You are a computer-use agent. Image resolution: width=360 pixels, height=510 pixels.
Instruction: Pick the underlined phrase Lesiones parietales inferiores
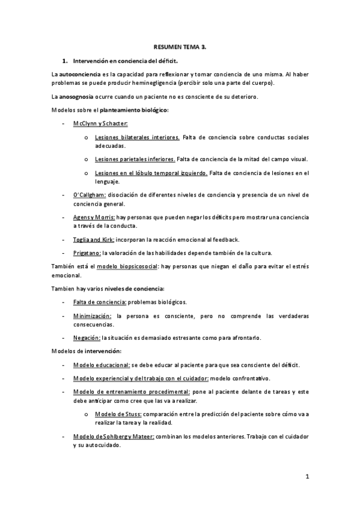click(135, 159)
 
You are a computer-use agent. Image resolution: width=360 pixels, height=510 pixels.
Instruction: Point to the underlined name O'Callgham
click(90, 195)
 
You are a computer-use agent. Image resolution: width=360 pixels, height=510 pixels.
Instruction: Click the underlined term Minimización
click(92, 316)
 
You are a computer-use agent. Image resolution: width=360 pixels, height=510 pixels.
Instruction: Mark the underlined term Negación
click(87, 338)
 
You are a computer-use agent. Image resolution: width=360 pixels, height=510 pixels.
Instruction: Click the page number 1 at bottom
click(307, 478)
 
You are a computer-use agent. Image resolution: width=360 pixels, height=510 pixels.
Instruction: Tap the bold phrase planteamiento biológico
click(133, 110)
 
